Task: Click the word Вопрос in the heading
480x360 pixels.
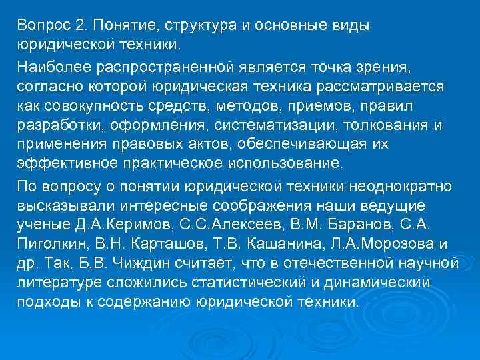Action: (x=42, y=25)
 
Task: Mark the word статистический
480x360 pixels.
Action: (x=237, y=282)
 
